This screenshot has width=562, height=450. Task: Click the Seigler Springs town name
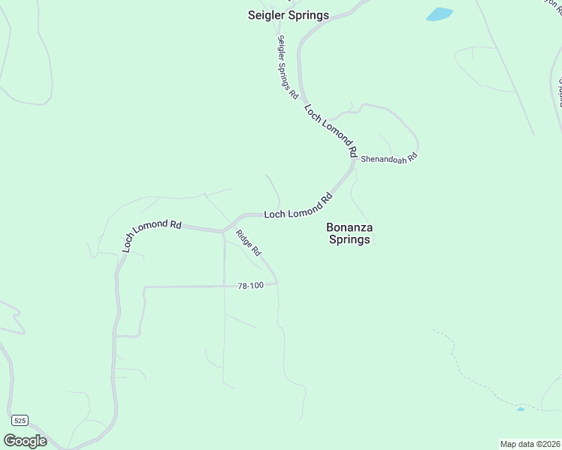(x=289, y=15)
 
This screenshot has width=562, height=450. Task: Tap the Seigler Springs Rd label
(x=288, y=67)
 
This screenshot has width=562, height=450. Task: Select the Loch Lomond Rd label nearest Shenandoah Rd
(x=331, y=129)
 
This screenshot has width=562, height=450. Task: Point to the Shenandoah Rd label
(x=388, y=159)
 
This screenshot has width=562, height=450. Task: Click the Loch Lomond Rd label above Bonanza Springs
(x=298, y=207)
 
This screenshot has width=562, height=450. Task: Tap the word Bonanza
(x=349, y=226)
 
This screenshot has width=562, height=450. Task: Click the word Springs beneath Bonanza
(x=349, y=240)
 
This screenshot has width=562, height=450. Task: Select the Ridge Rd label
(x=248, y=241)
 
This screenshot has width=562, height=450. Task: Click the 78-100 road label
(x=250, y=286)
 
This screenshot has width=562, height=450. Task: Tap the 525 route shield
(x=20, y=419)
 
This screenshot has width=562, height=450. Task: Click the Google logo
(x=25, y=441)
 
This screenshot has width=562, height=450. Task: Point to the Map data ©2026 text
(x=530, y=444)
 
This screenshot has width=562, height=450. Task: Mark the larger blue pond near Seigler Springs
(x=440, y=14)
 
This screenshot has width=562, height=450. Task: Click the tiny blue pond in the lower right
(x=521, y=409)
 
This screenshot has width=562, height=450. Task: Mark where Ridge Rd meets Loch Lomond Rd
(x=222, y=231)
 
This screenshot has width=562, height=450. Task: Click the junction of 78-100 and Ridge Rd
(x=277, y=283)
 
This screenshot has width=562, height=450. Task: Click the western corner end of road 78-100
(x=144, y=286)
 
